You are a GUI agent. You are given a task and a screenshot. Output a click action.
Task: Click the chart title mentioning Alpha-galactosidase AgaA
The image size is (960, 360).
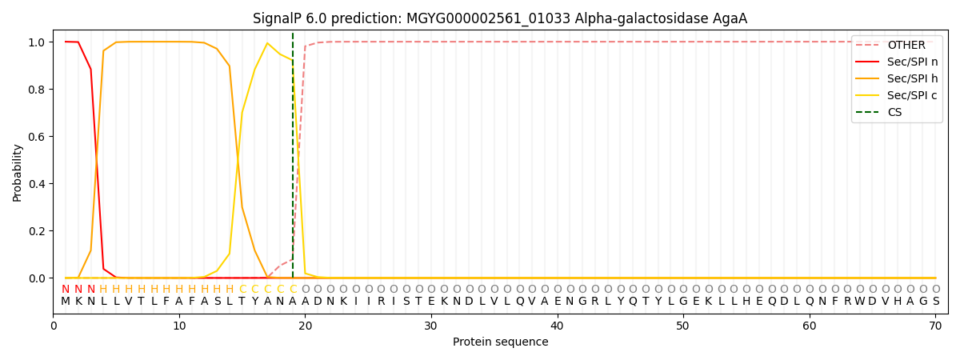pyautogui.click(x=500, y=18)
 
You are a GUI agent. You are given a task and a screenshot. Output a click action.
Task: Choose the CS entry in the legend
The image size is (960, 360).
pyautogui.click(x=894, y=113)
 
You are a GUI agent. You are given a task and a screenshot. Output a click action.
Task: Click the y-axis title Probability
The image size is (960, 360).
pyautogui.click(x=18, y=172)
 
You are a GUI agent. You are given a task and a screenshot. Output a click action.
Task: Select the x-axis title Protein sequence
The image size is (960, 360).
pyautogui.click(x=500, y=342)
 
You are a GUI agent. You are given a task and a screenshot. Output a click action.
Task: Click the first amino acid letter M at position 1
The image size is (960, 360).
pyautogui.click(x=66, y=302)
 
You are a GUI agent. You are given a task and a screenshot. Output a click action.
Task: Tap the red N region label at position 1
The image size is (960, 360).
pyautogui.click(x=66, y=290)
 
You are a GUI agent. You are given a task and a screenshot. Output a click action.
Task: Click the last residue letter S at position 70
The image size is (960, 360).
pyautogui.click(x=935, y=302)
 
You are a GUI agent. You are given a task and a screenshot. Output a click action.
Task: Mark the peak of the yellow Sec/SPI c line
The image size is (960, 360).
pyautogui.click(x=267, y=43)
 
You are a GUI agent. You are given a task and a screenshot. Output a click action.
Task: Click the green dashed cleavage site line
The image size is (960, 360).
pyautogui.click(x=293, y=160)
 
